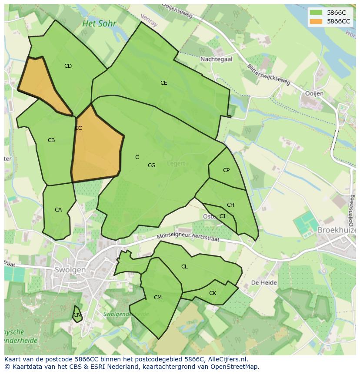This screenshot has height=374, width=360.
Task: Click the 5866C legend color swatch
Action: tap(316, 13)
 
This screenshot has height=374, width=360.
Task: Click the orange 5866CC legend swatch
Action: tap(316, 21)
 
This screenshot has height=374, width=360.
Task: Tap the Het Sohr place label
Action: tap(99, 23)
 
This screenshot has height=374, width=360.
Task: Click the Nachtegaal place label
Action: tap(216, 59)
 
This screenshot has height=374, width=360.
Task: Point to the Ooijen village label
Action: tap(314, 94)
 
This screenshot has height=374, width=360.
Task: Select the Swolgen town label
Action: tap(70, 270)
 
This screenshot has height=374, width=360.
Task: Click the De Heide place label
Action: tap(264, 282)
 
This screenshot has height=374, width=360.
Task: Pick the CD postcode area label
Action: tap(68, 66)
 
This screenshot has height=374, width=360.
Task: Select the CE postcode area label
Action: tap(163, 83)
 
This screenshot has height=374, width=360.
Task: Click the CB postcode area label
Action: tap(51, 140)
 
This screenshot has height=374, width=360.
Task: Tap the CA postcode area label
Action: tap(58, 210)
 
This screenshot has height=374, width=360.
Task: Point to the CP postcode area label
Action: tap(226, 170)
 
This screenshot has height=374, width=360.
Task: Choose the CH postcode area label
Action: tap(230, 205)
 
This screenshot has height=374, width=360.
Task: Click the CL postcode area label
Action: tap(184, 267)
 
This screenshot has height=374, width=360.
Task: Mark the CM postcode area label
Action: tap(157, 298)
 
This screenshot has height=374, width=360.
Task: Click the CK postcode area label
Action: tap(212, 293)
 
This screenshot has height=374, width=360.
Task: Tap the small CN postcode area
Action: tap(77, 314)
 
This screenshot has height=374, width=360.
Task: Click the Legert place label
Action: tap(176, 164)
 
